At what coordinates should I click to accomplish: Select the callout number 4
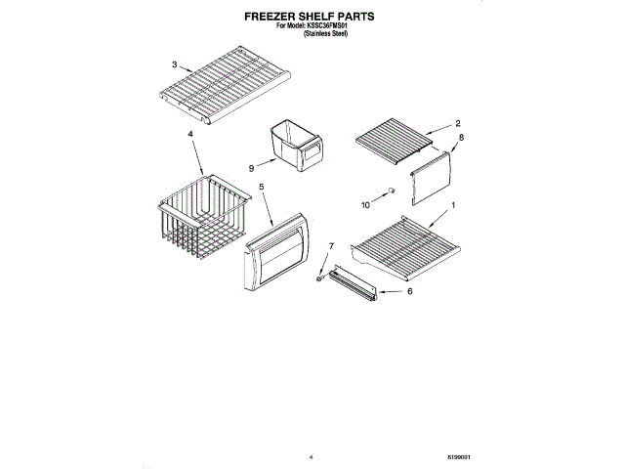(x=190, y=133)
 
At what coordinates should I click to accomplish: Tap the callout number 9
(x=250, y=166)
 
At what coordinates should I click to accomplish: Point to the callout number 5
(x=261, y=186)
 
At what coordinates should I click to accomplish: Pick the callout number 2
(x=457, y=124)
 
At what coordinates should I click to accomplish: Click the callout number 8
(x=461, y=139)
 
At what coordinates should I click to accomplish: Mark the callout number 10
(x=367, y=205)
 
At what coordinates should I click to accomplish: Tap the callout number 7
(x=331, y=245)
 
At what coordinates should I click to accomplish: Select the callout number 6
(x=410, y=291)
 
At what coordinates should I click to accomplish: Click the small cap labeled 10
(x=389, y=192)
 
